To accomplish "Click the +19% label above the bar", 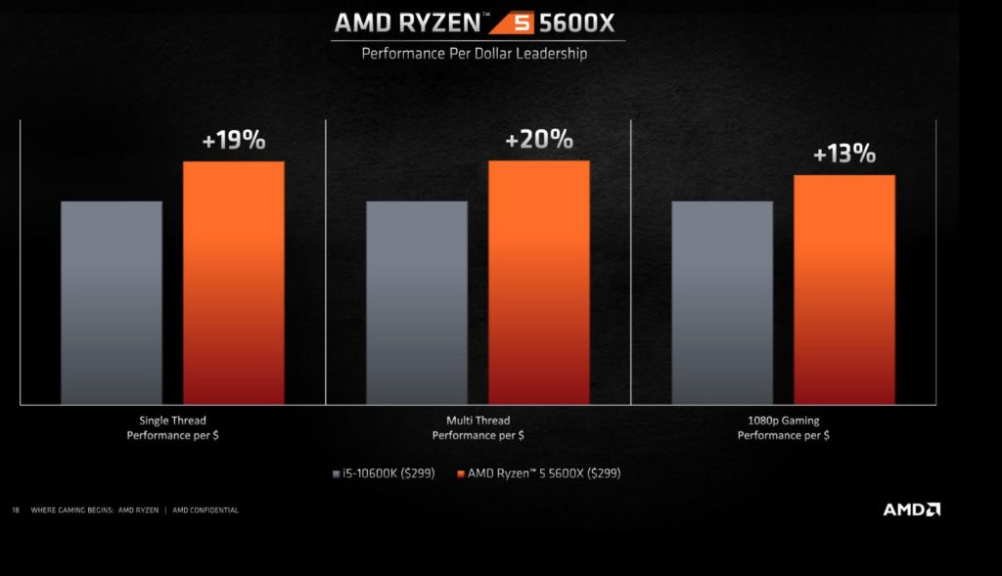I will coord(233,140).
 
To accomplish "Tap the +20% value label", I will coord(538,139).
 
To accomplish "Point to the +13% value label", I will coord(843,154).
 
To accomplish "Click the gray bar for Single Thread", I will coord(112,302).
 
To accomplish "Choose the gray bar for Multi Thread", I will coord(417,302).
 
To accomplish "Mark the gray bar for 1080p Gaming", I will coord(722,302).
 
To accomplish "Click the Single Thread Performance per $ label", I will coord(172,427).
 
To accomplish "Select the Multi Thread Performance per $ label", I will coord(478,427).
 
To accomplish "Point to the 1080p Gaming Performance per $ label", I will coord(783,427).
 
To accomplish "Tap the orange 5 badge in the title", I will coord(511,22).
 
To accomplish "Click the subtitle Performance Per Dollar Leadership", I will coord(475,53).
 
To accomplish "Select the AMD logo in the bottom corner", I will coord(911,510).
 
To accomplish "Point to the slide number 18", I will coord(16,510).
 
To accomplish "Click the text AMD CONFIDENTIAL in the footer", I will coord(205,510).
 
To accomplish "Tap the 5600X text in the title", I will coord(577,22).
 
